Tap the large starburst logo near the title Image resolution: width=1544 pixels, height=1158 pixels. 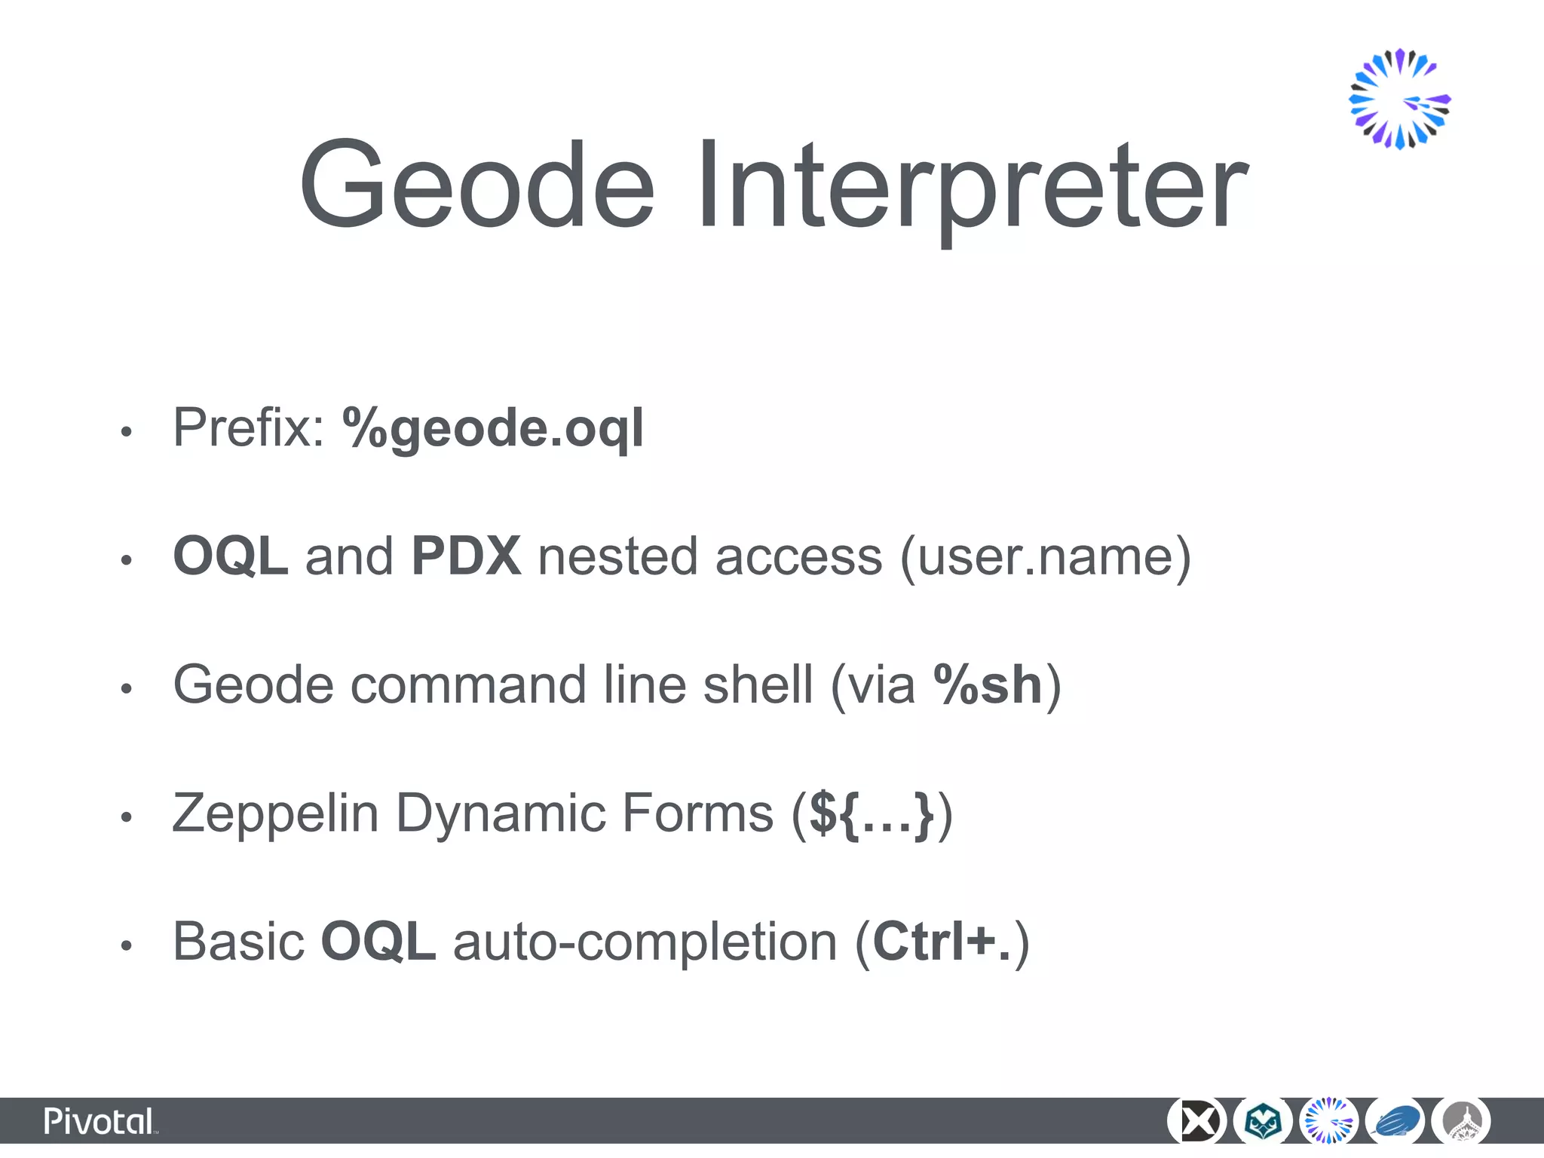(x=1399, y=99)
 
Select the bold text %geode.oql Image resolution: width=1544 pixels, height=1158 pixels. (x=493, y=428)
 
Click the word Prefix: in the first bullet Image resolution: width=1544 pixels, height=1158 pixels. (x=248, y=427)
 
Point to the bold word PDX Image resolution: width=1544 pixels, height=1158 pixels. (x=466, y=556)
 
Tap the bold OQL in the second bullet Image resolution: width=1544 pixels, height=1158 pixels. (x=230, y=556)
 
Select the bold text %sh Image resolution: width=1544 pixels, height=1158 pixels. (x=988, y=685)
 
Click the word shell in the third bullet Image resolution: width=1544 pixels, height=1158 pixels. (x=757, y=685)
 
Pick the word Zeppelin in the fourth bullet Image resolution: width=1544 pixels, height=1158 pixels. (x=275, y=813)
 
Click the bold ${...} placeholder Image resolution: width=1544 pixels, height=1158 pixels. (x=872, y=814)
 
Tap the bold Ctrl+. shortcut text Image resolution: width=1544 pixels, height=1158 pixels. (x=942, y=942)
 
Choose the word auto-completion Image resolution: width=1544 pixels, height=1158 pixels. (x=645, y=942)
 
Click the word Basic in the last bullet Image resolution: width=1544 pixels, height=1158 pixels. (x=238, y=942)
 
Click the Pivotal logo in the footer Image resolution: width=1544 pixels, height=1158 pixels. (x=100, y=1122)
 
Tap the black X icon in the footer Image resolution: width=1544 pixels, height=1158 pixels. (x=1196, y=1122)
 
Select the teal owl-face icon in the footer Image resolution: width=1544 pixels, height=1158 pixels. (x=1263, y=1122)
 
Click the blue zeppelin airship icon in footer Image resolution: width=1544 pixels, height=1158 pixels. (x=1395, y=1122)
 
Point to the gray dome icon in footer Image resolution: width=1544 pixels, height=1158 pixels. (x=1461, y=1122)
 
